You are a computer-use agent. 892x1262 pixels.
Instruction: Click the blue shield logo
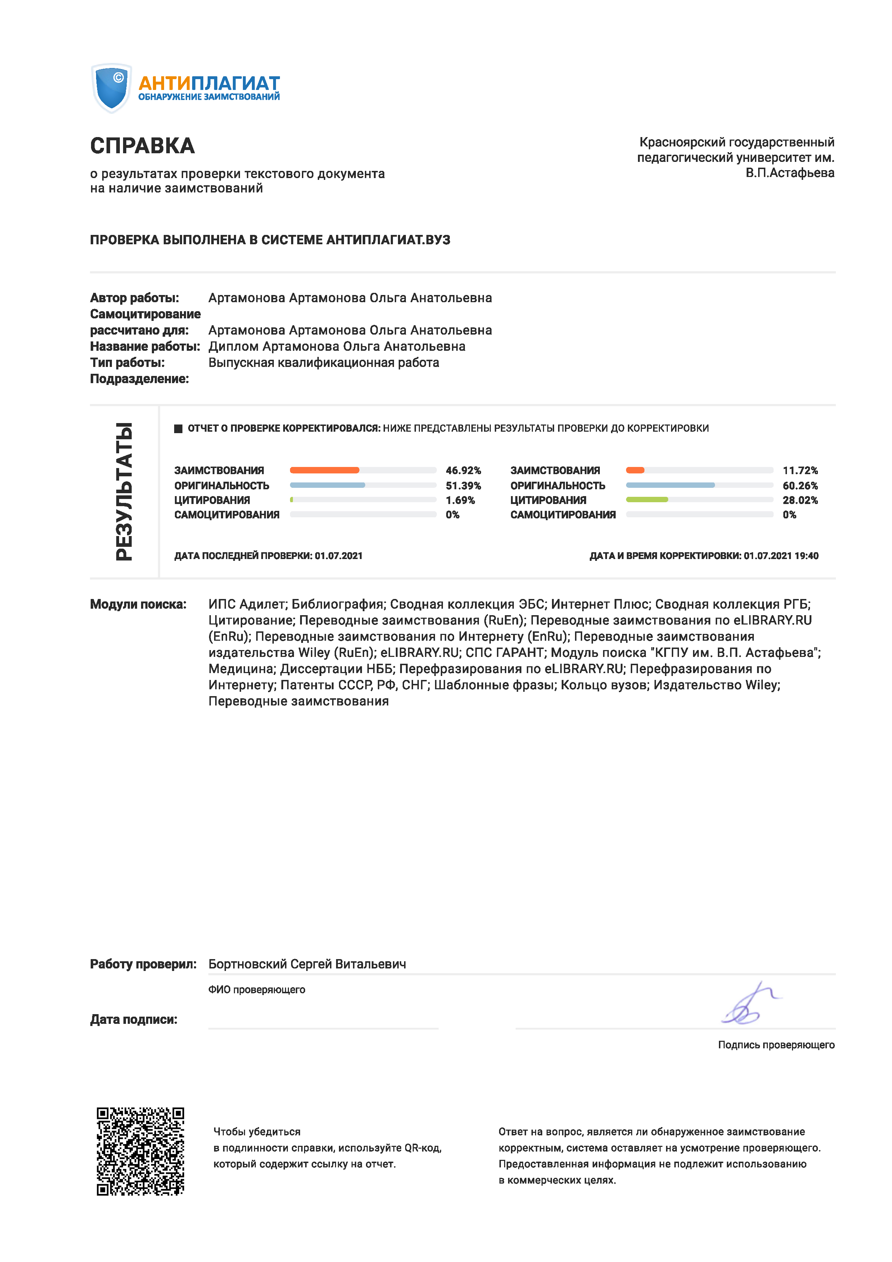point(111,88)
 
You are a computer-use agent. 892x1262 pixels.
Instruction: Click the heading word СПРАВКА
point(142,146)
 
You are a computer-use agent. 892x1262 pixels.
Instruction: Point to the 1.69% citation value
point(460,500)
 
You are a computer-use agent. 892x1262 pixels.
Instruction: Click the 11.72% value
point(800,471)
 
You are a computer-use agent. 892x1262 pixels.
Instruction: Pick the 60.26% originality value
point(800,485)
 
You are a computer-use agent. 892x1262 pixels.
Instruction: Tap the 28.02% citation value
point(800,500)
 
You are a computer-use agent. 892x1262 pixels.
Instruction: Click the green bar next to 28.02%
point(647,500)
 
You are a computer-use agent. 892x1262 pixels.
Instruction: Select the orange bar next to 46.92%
point(324,470)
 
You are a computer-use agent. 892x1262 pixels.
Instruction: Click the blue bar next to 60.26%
point(670,485)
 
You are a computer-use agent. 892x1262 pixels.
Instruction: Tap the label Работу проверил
point(143,964)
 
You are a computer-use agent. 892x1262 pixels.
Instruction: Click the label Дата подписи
point(133,1020)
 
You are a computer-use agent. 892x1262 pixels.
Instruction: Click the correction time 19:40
point(806,556)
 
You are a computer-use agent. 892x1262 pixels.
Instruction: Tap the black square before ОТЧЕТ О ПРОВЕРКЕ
point(178,429)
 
